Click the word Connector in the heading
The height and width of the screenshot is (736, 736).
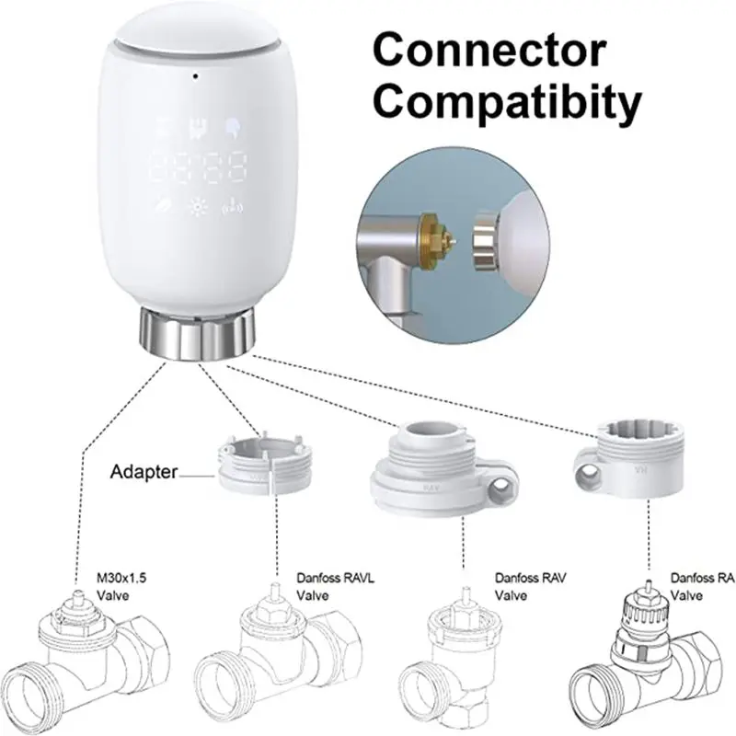(489, 50)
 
